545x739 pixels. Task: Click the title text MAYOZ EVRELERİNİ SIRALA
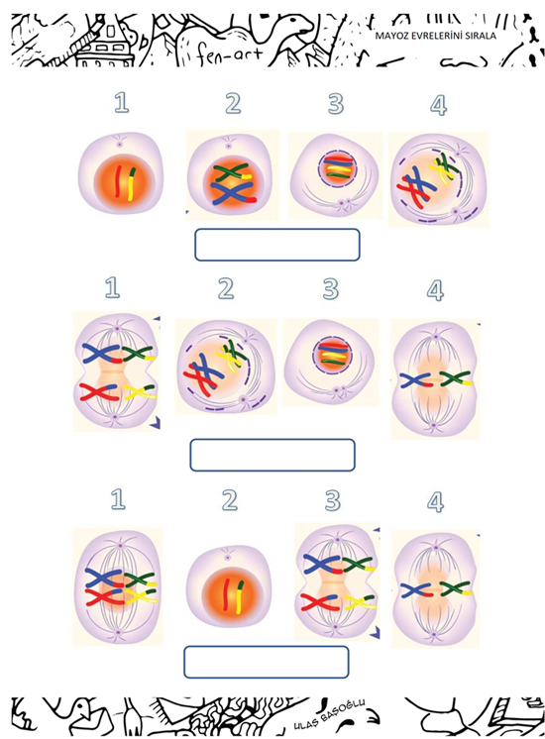point(435,36)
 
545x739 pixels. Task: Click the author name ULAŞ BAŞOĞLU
point(329,710)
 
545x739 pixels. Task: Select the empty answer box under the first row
point(277,245)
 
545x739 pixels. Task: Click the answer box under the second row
point(272,455)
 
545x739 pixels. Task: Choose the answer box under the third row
point(267,662)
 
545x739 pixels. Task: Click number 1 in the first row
point(121,102)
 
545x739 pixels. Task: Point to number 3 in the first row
point(336,103)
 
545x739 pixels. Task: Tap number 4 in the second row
point(435,290)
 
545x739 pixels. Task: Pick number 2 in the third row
point(230,500)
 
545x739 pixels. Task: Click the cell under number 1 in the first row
point(121,173)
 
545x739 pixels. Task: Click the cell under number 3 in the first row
point(335,175)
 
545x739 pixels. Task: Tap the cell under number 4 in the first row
point(437,179)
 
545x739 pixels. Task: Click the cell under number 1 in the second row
point(117,371)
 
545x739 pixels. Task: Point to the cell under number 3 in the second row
point(331,362)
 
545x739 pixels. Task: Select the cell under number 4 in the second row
point(435,378)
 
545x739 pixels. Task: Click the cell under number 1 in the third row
point(118,584)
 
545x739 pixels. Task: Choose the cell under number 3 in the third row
point(337,581)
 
